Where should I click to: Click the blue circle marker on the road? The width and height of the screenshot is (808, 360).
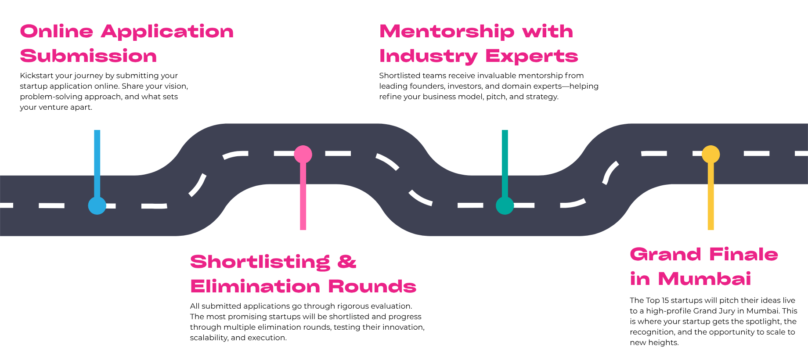[x=97, y=205]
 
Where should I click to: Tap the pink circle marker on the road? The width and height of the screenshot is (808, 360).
[x=303, y=154]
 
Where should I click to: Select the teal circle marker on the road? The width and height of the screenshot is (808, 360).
[x=505, y=205]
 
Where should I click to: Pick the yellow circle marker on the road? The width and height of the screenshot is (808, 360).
[x=711, y=154]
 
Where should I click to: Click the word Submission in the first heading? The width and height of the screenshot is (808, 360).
[x=89, y=56]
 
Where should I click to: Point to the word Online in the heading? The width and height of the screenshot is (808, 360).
[x=57, y=32]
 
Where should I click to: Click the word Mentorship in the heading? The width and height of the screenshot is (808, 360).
[x=447, y=32]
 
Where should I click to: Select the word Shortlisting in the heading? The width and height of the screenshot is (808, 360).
[x=260, y=262]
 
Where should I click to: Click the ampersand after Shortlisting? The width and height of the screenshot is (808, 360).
[x=347, y=262]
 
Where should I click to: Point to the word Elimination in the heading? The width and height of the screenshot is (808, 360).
[x=255, y=286]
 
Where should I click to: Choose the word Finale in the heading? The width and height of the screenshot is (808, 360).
[x=743, y=254]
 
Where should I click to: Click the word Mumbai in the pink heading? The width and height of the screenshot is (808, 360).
[x=704, y=279]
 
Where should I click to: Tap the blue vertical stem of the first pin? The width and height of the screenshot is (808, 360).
[x=97, y=162]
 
